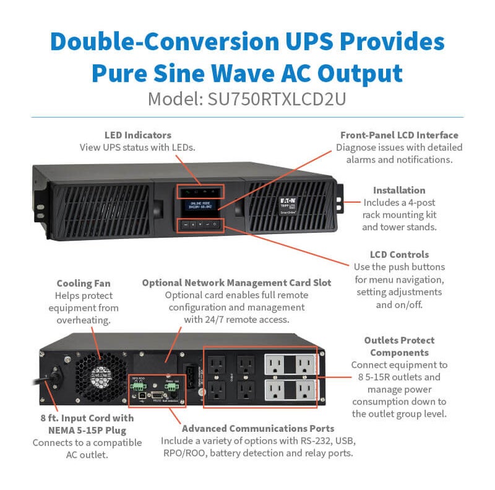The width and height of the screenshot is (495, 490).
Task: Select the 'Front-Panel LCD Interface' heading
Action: [x=399, y=135]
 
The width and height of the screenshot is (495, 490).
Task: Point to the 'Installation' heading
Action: [x=399, y=190]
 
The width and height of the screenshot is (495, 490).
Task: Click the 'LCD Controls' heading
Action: [x=399, y=254]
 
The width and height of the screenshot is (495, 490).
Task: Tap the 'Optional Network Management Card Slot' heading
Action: [x=236, y=283]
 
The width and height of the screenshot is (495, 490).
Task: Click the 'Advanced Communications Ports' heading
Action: [x=258, y=428]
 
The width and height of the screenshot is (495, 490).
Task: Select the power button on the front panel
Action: [x=215, y=225]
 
